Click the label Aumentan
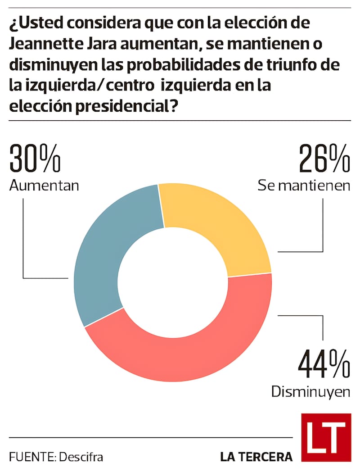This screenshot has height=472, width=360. pyautogui.click(x=44, y=185)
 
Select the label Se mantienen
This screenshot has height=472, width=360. pyautogui.click(x=304, y=185)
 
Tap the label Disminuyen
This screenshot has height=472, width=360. pyautogui.click(x=310, y=392)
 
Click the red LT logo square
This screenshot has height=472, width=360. pyautogui.click(x=326, y=437)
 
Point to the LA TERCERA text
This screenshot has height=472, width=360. pyautogui.click(x=256, y=457)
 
